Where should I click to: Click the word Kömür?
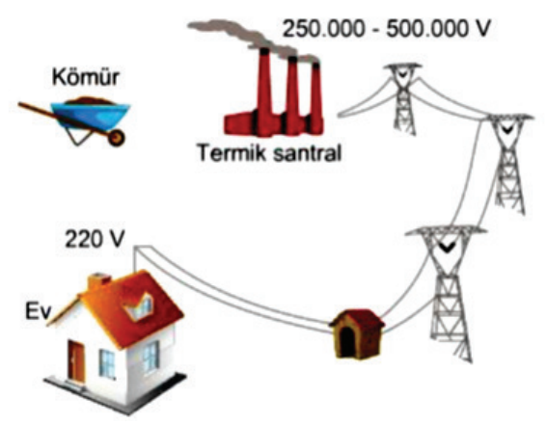click(x=86, y=77)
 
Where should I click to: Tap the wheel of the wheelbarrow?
click(x=116, y=137)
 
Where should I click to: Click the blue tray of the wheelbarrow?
click(x=92, y=115)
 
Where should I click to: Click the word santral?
click(x=307, y=153)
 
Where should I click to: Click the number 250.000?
click(x=323, y=29)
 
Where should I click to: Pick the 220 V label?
click(x=95, y=239)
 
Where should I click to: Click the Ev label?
click(x=39, y=311)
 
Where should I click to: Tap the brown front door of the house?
click(x=76, y=361)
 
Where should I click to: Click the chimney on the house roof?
click(x=98, y=282)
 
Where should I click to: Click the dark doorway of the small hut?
click(x=347, y=342)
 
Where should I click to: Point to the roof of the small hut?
click(x=357, y=318)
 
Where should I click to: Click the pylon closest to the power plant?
click(x=403, y=99)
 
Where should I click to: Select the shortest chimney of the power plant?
click(x=315, y=97)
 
